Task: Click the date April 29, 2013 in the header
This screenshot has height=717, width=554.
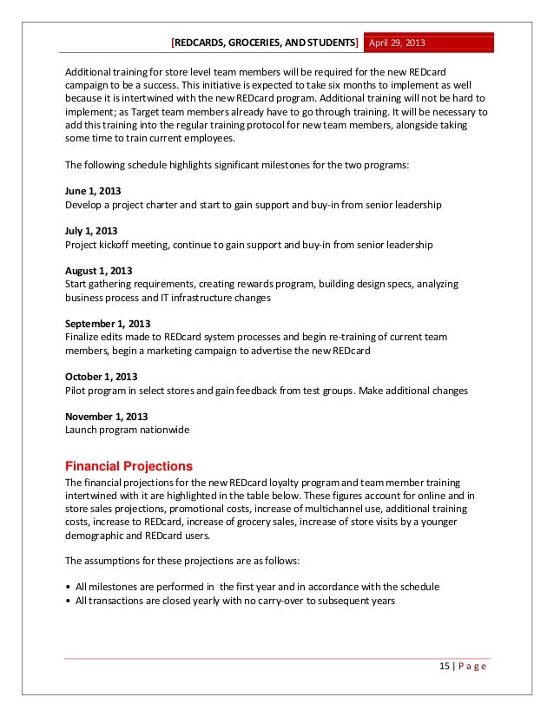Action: pyautogui.click(x=399, y=43)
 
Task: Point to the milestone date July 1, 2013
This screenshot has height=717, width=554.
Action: pyautogui.click(x=91, y=231)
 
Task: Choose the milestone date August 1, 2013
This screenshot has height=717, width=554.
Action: pyautogui.click(x=98, y=271)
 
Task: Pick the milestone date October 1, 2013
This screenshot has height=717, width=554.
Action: pyautogui.click(x=101, y=377)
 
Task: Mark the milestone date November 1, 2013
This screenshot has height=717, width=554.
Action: pyautogui.click(x=106, y=417)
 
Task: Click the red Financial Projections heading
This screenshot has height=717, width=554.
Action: pyautogui.click(x=129, y=464)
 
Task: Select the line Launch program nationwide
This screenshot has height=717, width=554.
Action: pyautogui.click(x=127, y=430)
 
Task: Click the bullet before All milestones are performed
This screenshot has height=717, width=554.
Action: pyautogui.click(x=69, y=586)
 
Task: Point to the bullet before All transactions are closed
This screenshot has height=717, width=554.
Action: pyautogui.click(x=69, y=600)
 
